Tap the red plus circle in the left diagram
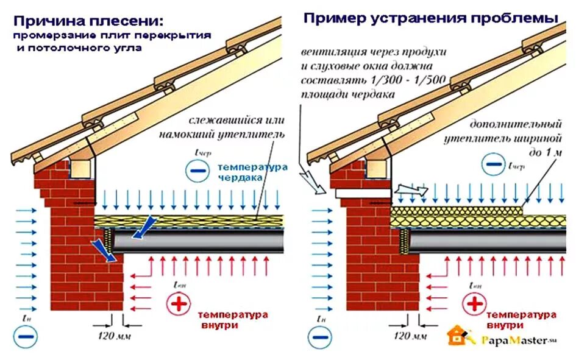178,305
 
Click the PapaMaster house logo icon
458,336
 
